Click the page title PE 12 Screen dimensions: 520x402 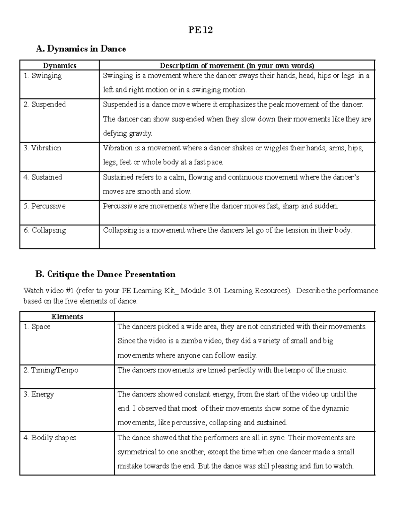click(200, 30)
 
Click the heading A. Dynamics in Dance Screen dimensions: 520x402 click(81, 49)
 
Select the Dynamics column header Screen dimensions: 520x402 click(60, 66)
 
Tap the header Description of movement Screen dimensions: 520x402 click(237, 66)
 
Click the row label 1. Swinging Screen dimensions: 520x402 click(43, 76)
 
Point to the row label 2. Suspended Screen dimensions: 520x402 click(45, 104)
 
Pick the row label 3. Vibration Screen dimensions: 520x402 click(42, 148)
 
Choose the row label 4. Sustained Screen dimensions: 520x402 click(43, 177)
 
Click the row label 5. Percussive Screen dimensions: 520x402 click(45, 206)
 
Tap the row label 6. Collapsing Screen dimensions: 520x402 click(45, 230)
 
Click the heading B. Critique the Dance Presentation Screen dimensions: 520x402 click(106, 275)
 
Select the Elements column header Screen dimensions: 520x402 click(67, 317)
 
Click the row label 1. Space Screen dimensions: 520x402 click(37, 327)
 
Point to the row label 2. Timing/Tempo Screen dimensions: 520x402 click(51, 370)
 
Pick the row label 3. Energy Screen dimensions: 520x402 click(39, 394)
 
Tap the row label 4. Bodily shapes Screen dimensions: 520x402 click(50, 438)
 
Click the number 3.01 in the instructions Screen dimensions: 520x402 click(214, 291)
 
